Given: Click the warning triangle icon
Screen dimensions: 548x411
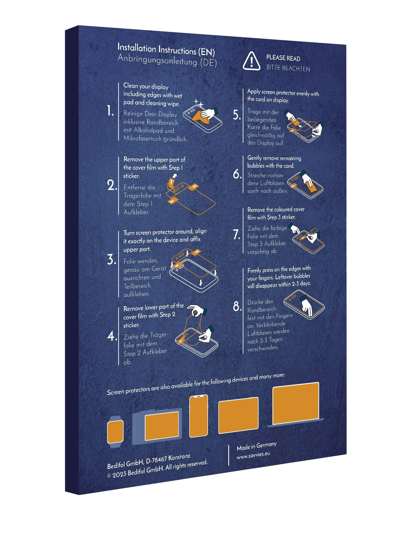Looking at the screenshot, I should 251,61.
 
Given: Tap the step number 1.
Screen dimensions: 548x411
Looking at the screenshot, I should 110,111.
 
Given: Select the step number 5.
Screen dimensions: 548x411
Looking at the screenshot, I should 237,115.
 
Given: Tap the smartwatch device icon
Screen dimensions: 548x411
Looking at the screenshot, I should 115,432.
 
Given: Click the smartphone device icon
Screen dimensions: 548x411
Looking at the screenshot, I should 199,416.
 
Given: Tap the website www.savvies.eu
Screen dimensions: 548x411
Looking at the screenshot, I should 253,455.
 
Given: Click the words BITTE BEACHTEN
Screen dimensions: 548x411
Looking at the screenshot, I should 288,68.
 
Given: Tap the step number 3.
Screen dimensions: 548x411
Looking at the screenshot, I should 111,259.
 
